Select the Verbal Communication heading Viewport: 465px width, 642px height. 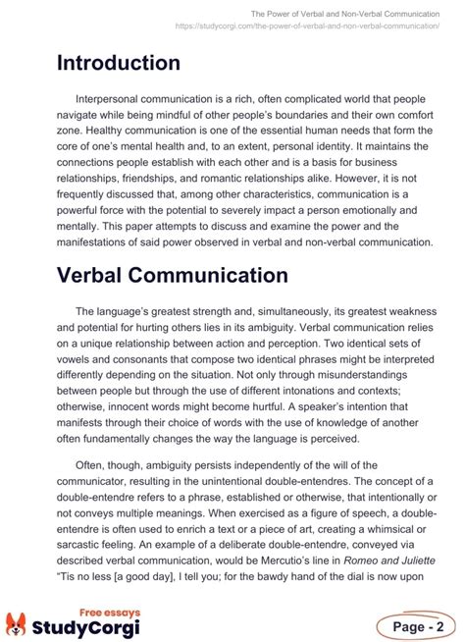click(x=172, y=275)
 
